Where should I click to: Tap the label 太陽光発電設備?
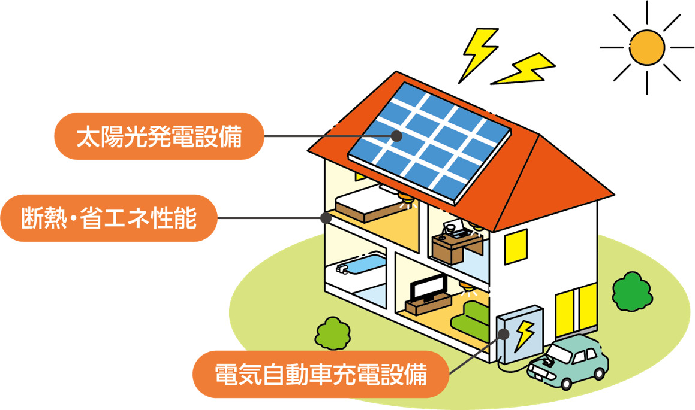159,137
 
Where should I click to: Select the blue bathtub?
362,265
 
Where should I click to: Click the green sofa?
470,317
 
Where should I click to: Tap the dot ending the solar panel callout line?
396,136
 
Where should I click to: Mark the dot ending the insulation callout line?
326,217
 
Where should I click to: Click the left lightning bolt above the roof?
478,53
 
